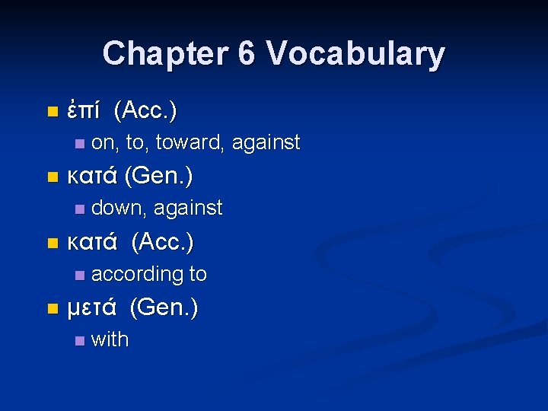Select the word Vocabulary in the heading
coord(356,53)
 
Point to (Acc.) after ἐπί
coord(145,111)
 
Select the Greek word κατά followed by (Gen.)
coord(92,177)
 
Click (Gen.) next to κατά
coord(158,177)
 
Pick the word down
coord(119,208)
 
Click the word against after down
coord(188,208)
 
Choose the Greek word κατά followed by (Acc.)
coord(92,243)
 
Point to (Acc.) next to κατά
coord(162,243)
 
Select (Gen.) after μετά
coord(164,308)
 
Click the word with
coord(110,339)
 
